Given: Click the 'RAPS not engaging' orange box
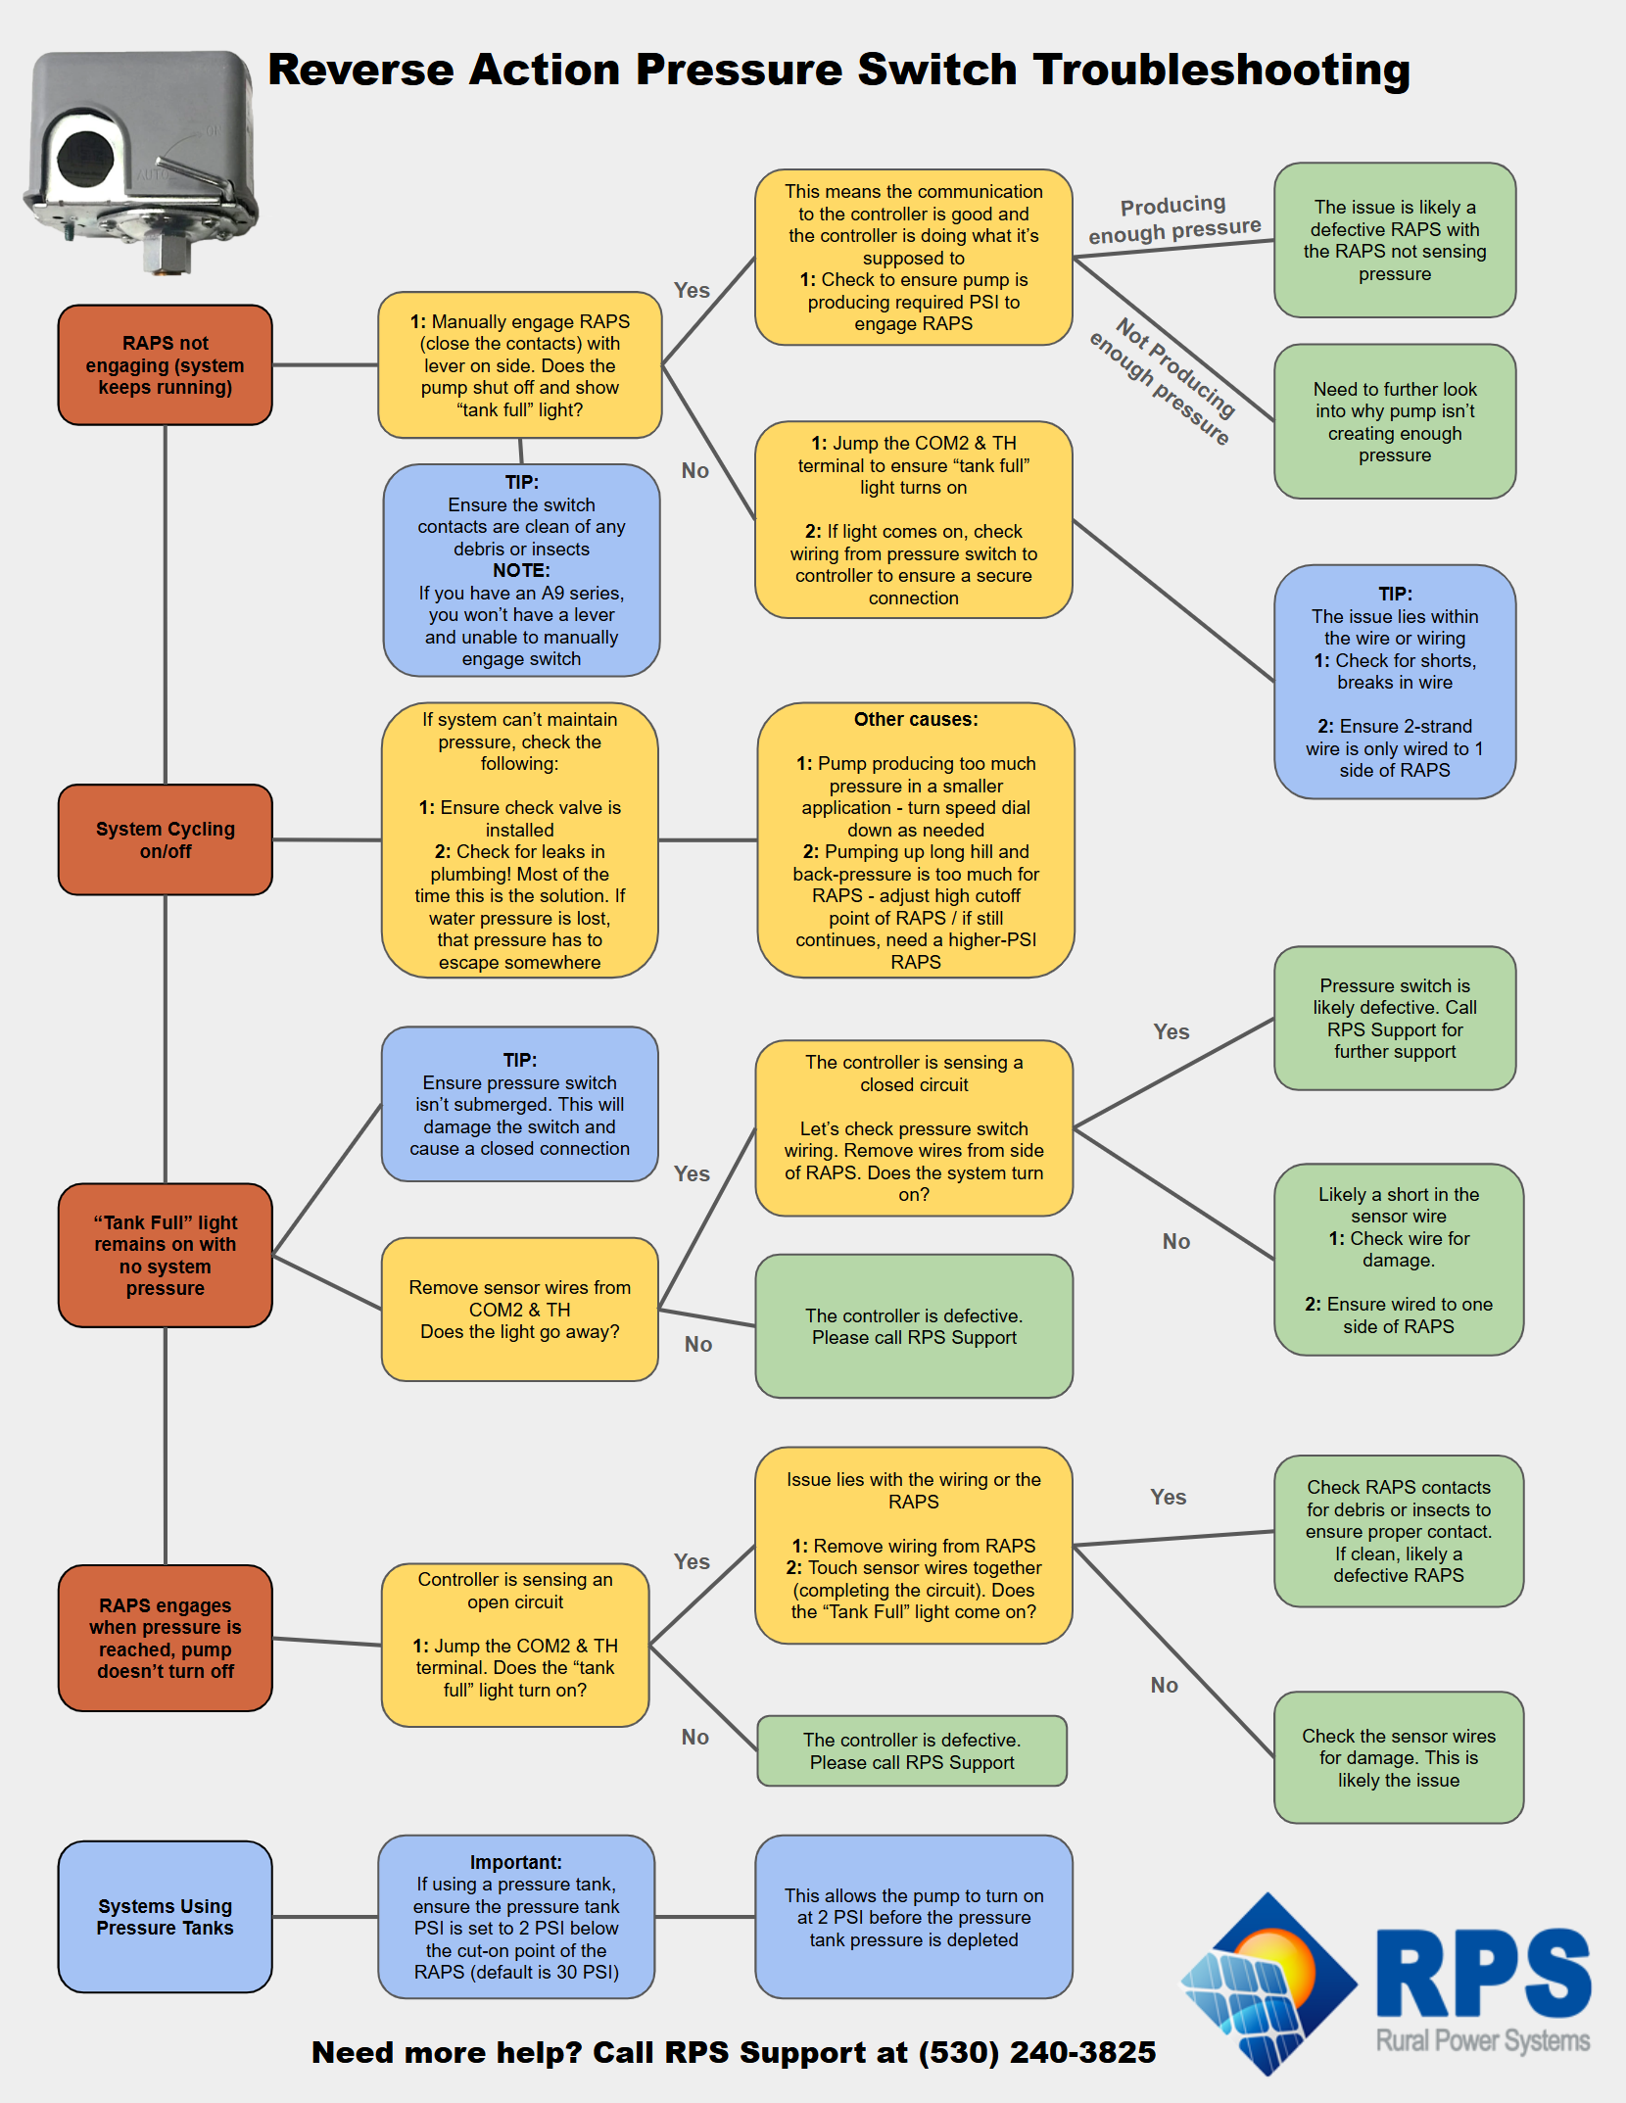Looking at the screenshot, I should pyautogui.click(x=165, y=365).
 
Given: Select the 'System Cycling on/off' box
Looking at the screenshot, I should pyautogui.click(x=165, y=839).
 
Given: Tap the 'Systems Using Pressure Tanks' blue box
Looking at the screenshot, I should pyautogui.click(x=165, y=1917).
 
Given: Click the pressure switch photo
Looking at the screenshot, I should pyautogui.click(x=142, y=157).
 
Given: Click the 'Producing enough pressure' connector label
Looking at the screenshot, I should pyautogui.click(x=1173, y=219).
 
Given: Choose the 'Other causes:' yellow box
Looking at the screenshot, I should pyautogui.click(x=915, y=839).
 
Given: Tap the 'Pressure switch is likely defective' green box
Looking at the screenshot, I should pyautogui.click(x=1394, y=1018).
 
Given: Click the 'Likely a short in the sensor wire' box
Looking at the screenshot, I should pyautogui.click(x=1398, y=1260).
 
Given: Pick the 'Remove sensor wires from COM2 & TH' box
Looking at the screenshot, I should pyautogui.click(x=519, y=1309).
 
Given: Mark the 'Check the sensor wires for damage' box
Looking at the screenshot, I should pyautogui.click(x=1398, y=1757).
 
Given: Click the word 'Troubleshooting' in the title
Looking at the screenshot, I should pyautogui.click(x=1221, y=71).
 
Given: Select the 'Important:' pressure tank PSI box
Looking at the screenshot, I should pyautogui.click(x=516, y=1916).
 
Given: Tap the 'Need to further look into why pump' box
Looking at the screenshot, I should pyautogui.click(x=1394, y=421).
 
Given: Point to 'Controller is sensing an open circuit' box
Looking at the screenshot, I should pyautogui.click(x=515, y=1645).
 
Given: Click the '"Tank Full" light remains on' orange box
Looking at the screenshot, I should pyautogui.click(x=165, y=1255).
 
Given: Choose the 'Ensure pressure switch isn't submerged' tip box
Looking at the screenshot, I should pyautogui.click(x=519, y=1104).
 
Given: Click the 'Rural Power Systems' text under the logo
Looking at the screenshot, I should pyautogui.click(x=1482, y=2040).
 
